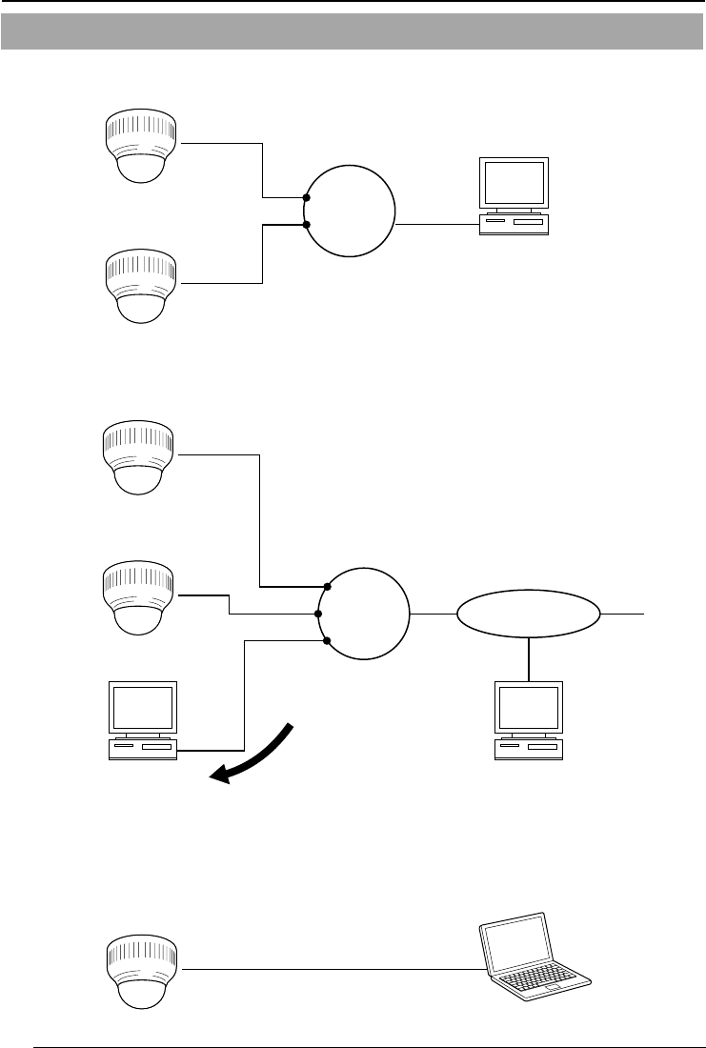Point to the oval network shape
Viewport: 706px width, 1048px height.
(529, 614)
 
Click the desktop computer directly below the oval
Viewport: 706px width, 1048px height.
(528, 720)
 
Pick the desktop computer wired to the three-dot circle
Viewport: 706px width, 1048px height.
(144, 720)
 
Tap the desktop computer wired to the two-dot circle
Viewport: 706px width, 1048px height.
(514, 195)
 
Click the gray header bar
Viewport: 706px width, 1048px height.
(353, 31)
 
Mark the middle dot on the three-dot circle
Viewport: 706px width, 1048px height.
(318, 614)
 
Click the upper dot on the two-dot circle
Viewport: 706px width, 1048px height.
(306, 198)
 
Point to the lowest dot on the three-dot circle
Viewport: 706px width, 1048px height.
(327, 641)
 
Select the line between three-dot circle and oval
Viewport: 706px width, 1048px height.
(433, 614)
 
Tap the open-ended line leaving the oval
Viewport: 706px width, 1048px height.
(624, 614)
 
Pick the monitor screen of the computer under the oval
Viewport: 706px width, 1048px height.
(528, 705)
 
